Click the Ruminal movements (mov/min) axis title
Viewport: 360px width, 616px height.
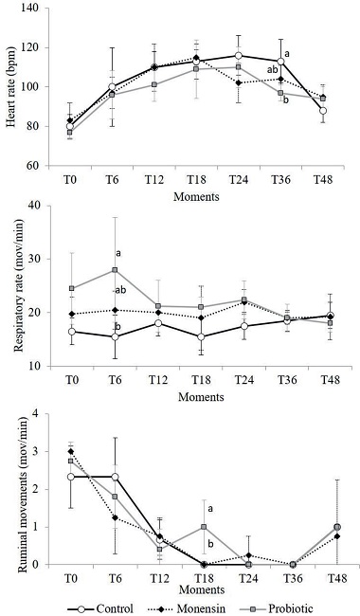pyautogui.click(x=10, y=488)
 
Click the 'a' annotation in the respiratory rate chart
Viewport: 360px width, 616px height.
pyautogui.click(x=119, y=253)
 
